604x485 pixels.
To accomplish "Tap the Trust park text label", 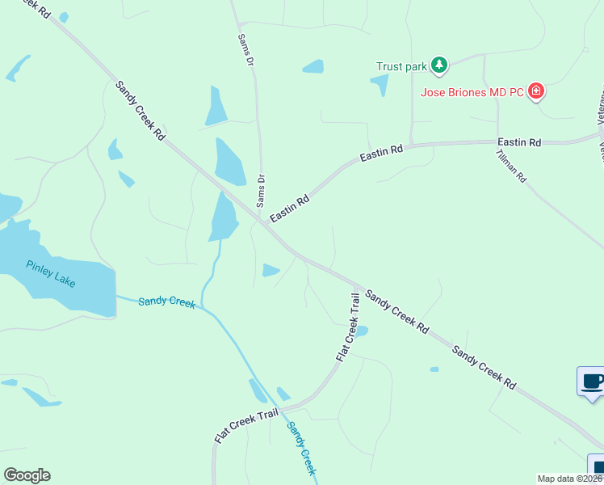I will [x=401, y=66].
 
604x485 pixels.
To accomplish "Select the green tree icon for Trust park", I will [x=438, y=65].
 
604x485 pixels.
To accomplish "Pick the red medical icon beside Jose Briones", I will [x=536, y=91].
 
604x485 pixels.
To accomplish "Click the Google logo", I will [x=27, y=474].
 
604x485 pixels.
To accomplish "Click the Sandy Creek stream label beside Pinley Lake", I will [x=166, y=302].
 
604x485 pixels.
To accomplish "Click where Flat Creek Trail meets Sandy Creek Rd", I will [x=354, y=286].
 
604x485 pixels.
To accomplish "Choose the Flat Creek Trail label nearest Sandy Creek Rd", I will [x=347, y=327].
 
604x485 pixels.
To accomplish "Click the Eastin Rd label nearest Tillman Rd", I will [x=519, y=142].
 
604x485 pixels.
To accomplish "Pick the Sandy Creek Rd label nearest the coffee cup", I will [x=484, y=367].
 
